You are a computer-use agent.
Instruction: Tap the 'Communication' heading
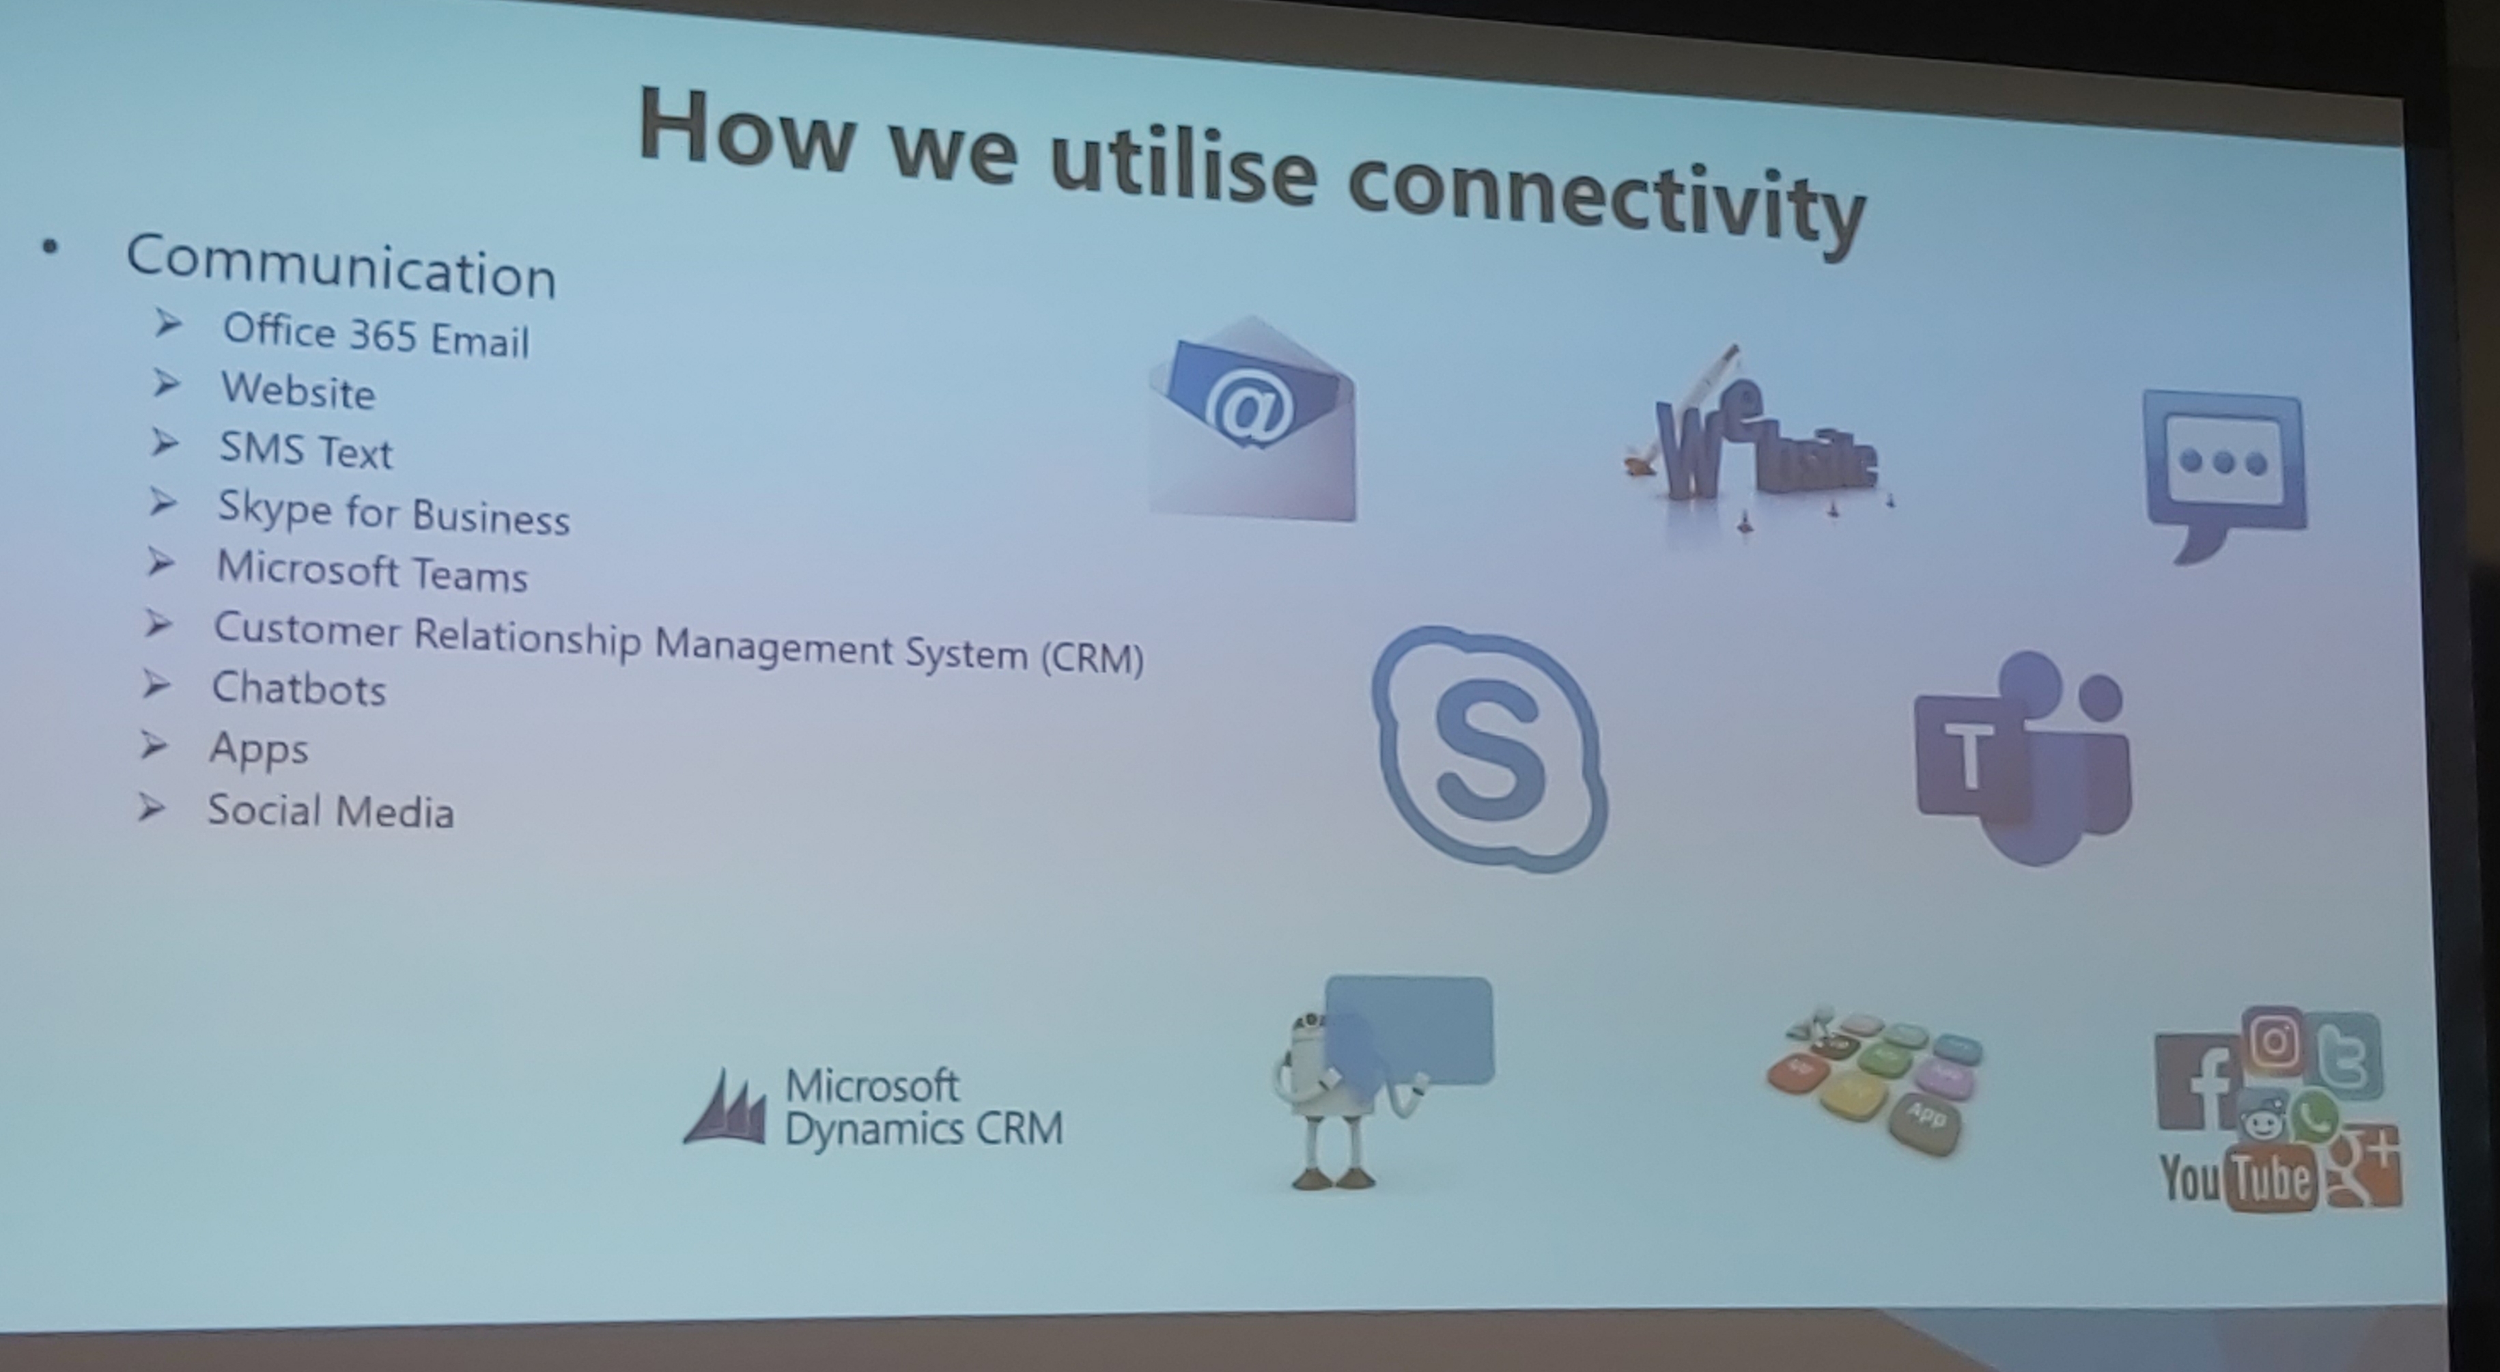pyautogui.click(x=341, y=266)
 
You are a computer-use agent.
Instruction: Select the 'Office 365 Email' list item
pyautogui.click(x=376, y=336)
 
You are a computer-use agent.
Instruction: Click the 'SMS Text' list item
pyautogui.click(x=306, y=450)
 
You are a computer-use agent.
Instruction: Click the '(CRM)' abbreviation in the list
pyautogui.click(x=1093, y=658)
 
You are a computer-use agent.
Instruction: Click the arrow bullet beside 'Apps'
pyautogui.click(x=154, y=745)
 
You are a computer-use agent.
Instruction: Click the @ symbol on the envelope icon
pyautogui.click(x=1249, y=410)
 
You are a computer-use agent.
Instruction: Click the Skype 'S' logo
pyautogui.click(x=1490, y=748)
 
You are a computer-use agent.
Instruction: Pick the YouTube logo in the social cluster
pyautogui.click(x=2238, y=1178)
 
